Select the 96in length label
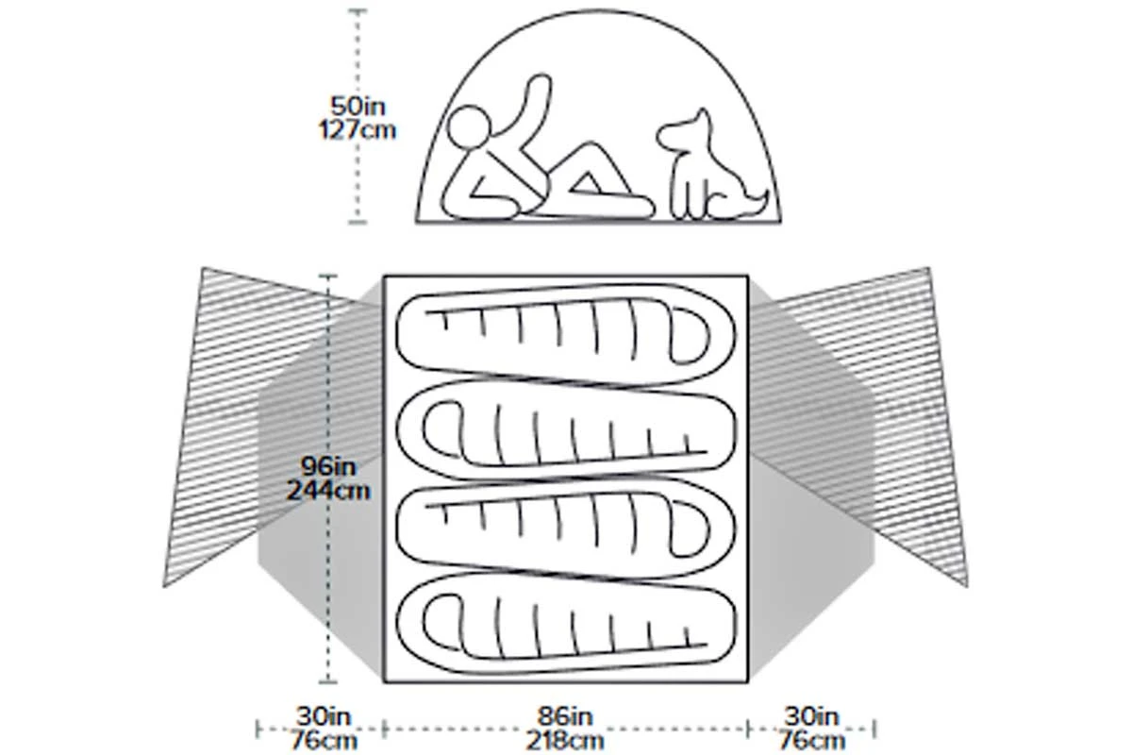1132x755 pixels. [326, 466]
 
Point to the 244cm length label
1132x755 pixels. [326, 490]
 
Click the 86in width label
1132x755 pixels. [567, 716]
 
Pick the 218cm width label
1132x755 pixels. [567, 739]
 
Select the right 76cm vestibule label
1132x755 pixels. [812, 739]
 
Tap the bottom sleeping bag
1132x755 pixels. [566, 627]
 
